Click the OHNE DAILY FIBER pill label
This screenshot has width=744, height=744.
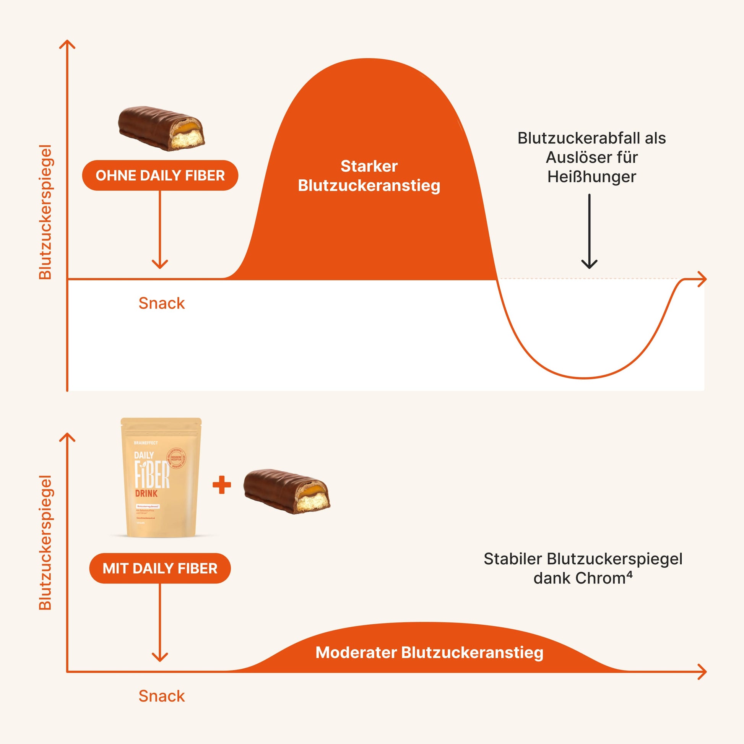tap(160, 175)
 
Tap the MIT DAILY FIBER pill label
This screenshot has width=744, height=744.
tap(160, 569)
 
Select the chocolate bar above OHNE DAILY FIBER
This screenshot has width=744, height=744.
tap(161, 128)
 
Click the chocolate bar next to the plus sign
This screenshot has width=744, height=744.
tap(287, 491)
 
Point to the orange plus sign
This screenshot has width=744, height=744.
tap(222, 485)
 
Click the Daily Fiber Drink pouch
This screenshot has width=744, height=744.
tap(161, 478)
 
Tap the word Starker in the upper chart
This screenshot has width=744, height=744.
tap(369, 166)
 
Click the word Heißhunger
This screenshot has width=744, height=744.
tap(591, 177)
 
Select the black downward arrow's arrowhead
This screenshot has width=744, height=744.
tap(589, 264)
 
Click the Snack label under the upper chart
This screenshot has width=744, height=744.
tap(161, 304)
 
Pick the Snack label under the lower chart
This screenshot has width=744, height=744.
tap(161, 696)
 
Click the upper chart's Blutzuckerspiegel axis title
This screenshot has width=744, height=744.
tap(45, 212)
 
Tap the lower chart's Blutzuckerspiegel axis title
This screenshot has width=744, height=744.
tap(45, 543)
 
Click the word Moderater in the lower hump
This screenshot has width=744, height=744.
tap(356, 652)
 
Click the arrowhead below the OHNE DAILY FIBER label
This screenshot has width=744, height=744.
tap(160, 265)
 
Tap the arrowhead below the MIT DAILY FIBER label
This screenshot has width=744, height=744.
tap(160, 657)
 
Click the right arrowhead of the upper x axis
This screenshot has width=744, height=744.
tap(702, 279)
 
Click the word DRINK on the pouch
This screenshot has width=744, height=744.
tap(146, 493)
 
